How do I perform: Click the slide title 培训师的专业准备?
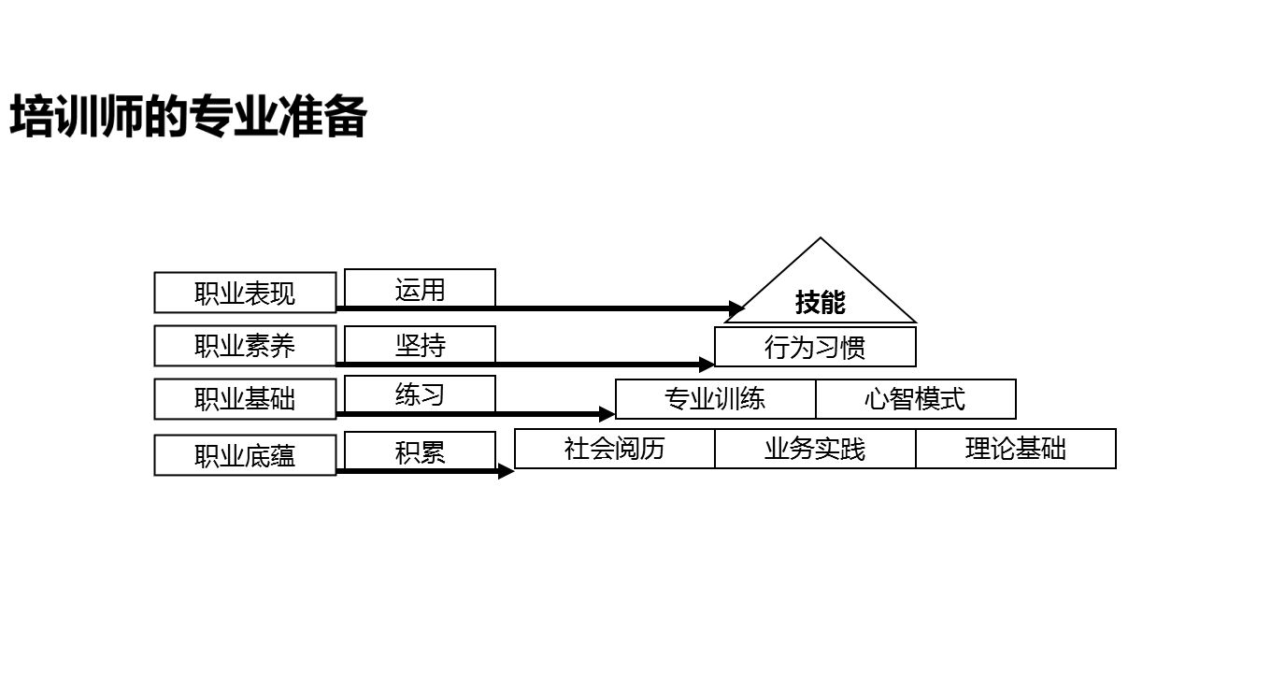pyautogui.click(x=188, y=118)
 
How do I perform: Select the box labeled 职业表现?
pyautogui.click(x=245, y=293)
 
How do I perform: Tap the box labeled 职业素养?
pyautogui.click(x=245, y=346)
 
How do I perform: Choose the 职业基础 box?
pyautogui.click(x=245, y=399)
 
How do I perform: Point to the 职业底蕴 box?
pyautogui.click(x=245, y=455)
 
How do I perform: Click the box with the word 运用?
pyautogui.click(x=420, y=289)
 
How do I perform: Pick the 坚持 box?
pyautogui.click(x=420, y=344)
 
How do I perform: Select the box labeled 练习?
pyautogui.click(x=420, y=394)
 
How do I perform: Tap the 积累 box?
pyautogui.click(x=420, y=451)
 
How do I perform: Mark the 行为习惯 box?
pyautogui.click(x=815, y=347)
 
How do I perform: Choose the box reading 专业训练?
pyautogui.click(x=715, y=399)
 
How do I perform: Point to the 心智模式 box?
pyautogui.click(x=916, y=399)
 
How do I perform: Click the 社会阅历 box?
pyautogui.click(x=615, y=449)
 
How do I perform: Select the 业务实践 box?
pyautogui.click(x=815, y=449)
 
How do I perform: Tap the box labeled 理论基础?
pyautogui.click(x=1016, y=449)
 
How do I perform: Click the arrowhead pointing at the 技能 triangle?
pyautogui.click(x=736, y=308)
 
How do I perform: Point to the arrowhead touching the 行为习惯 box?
pyautogui.click(x=707, y=365)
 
